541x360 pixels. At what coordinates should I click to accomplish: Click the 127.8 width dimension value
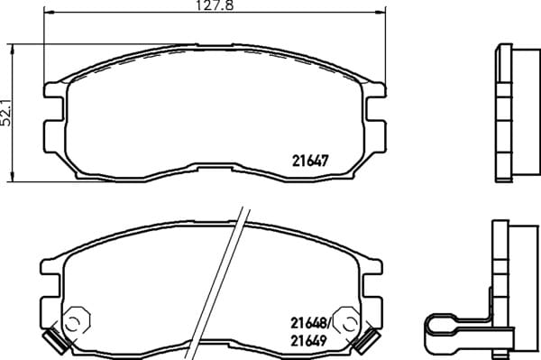tap(215, 5)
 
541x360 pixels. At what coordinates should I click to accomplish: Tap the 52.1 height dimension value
tap(6, 113)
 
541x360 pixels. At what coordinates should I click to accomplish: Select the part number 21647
tap(310, 161)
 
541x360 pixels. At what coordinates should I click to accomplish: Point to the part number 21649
tap(308, 341)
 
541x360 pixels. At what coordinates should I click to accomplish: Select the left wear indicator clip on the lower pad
tap(57, 340)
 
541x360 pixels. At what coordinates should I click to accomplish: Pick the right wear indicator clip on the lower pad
tap(368, 341)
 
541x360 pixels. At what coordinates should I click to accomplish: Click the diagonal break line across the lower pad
tap(217, 283)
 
